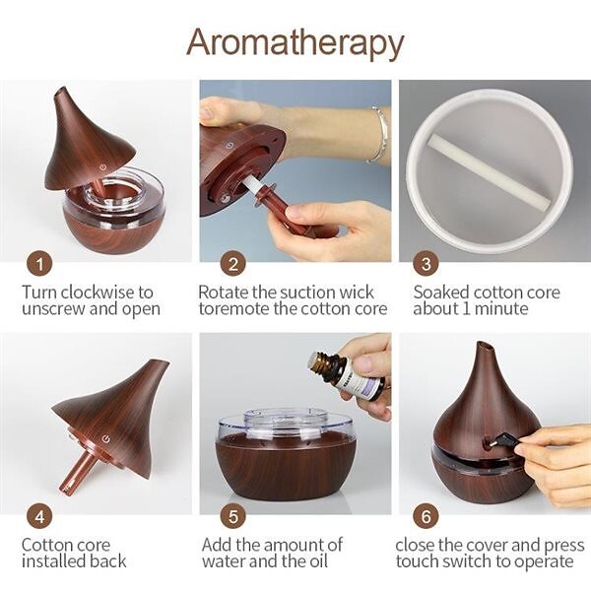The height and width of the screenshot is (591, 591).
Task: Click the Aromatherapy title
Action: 295,43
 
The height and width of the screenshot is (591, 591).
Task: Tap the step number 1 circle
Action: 39,264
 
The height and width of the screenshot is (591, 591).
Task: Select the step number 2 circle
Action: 232,264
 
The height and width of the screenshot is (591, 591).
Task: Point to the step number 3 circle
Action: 426,264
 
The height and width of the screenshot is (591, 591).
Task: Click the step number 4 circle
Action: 39,517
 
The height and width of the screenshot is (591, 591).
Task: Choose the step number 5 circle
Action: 232,517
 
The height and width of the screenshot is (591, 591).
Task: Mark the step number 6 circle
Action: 426,517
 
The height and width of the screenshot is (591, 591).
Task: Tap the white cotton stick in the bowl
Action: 489,171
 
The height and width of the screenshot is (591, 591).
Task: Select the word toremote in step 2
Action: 234,309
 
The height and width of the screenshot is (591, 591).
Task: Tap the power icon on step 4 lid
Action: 106,438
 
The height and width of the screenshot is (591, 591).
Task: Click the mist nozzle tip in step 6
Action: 485,345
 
